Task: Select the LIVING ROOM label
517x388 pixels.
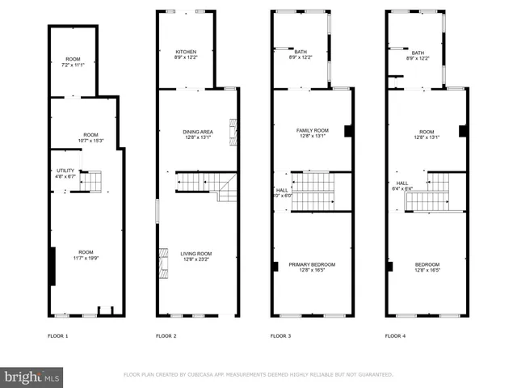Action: tap(196, 254)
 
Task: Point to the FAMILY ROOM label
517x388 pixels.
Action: tap(312, 130)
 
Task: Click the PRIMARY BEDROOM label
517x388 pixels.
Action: tap(312, 264)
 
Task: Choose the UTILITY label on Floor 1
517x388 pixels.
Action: tap(65, 171)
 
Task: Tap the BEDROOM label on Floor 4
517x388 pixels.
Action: tap(427, 264)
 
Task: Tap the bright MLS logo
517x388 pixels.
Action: tap(32, 376)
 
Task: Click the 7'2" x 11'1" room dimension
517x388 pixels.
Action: tap(73, 64)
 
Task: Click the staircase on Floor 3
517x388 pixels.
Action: tap(313, 192)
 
